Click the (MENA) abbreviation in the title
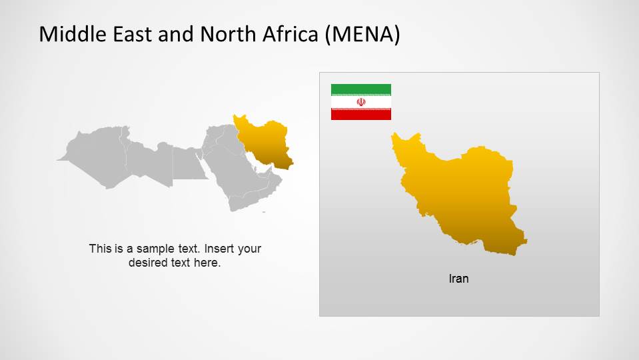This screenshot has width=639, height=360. (x=362, y=35)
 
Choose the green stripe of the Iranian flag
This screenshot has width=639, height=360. (x=360, y=89)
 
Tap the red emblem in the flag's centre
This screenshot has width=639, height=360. (x=361, y=102)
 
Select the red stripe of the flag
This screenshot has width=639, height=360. (x=360, y=115)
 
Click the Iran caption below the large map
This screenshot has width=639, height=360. (x=458, y=279)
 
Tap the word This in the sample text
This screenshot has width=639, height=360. (x=100, y=249)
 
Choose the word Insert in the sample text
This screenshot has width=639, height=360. (x=219, y=249)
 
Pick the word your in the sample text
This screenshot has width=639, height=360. (x=249, y=249)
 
